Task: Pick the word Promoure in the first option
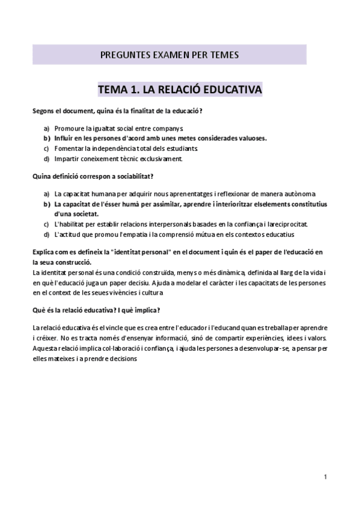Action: tap(69, 128)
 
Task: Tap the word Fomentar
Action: tap(69, 148)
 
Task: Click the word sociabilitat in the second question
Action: tap(134, 177)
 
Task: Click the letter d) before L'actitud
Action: tap(46, 233)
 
